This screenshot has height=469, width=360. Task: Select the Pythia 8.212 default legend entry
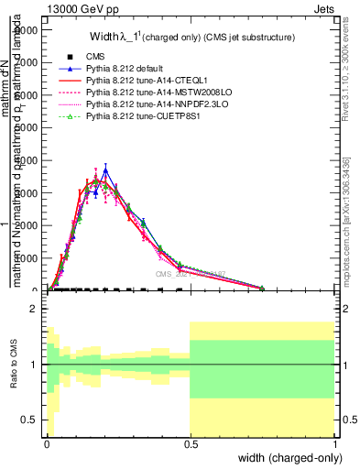(126, 69)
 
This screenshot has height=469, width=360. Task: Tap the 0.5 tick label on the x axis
(191, 444)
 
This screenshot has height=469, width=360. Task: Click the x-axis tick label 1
(335, 444)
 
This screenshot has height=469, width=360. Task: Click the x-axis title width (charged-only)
(286, 457)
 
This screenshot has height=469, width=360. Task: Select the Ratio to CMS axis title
(16, 365)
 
